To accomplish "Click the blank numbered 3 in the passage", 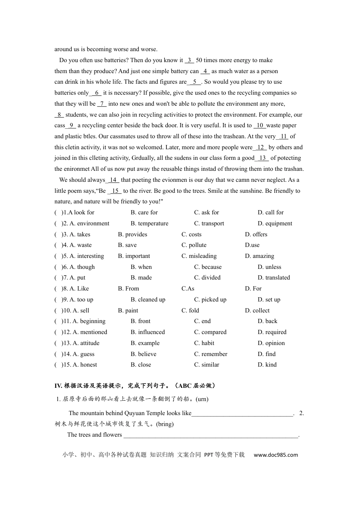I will click(x=189, y=60).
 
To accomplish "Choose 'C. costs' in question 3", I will click(x=191, y=234).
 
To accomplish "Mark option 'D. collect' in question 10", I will click(x=257, y=311).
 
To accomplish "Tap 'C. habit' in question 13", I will click(x=204, y=343).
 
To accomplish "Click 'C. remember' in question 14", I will click(x=211, y=354).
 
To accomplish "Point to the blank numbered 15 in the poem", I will click(x=115, y=191).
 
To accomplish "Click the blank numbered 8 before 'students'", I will click(x=59, y=115).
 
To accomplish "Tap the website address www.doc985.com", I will click(x=275, y=455).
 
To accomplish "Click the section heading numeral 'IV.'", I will click(x=58, y=386).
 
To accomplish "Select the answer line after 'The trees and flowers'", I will click(x=211, y=435).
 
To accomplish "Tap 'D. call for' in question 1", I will click(x=270, y=212).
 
